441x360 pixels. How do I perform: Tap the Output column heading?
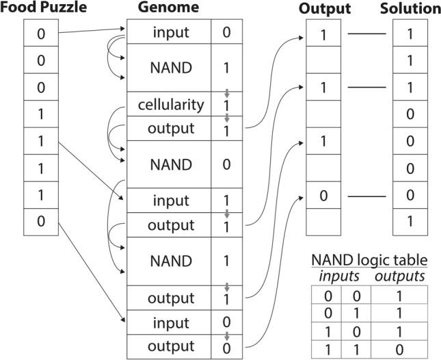[x=324, y=9]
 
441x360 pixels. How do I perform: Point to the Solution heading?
[x=409, y=9]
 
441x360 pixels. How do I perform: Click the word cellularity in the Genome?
[x=170, y=105]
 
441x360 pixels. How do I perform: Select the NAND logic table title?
[x=369, y=260]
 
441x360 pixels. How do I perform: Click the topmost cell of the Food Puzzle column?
[x=41, y=33]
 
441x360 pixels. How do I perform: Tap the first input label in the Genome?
[x=170, y=31]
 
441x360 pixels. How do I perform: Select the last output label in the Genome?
[x=170, y=346]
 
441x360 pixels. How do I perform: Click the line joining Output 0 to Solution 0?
[x=366, y=196]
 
